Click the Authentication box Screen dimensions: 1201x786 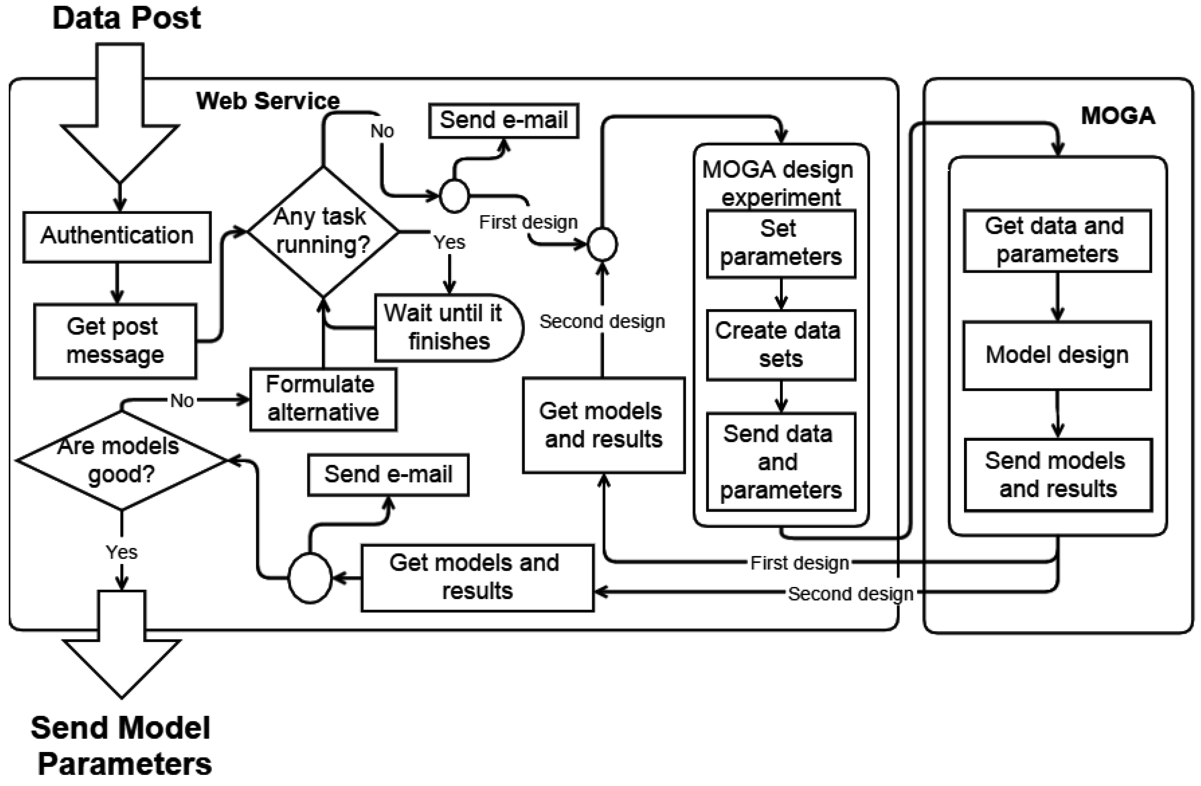pyautogui.click(x=117, y=237)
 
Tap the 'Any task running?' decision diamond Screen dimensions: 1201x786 pyautogui.click(x=323, y=232)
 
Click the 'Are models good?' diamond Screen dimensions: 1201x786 pyautogui.click(x=121, y=460)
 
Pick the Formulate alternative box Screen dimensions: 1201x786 pyautogui.click(x=323, y=399)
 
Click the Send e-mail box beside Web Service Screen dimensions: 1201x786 pyautogui.click(x=504, y=120)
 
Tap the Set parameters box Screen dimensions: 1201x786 pyautogui.click(x=781, y=244)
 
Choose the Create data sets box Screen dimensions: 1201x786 pyautogui.click(x=781, y=345)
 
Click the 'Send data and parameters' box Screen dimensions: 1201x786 pyautogui.click(x=781, y=462)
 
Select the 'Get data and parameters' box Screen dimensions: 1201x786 pyautogui.click(x=1057, y=241)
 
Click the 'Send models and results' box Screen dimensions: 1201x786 pyautogui.click(x=1058, y=475)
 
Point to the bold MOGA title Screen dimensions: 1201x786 pyautogui.click(x=1118, y=116)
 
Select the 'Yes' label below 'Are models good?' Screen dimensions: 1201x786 pyautogui.click(x=122, y=552)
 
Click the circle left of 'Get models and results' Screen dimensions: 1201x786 pyautogui.click(x=310, y=578)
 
